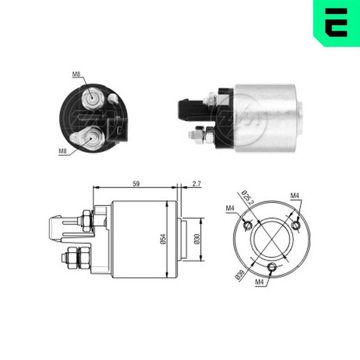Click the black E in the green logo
tap(337, 22)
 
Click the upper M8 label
tap(76, 75)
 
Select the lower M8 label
tap(63, 151)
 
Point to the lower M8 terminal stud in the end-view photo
tap(92, 137)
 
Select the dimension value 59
tap(136, 184)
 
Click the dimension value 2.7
tap(196, 184)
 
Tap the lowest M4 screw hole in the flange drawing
tap(272, 267)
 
